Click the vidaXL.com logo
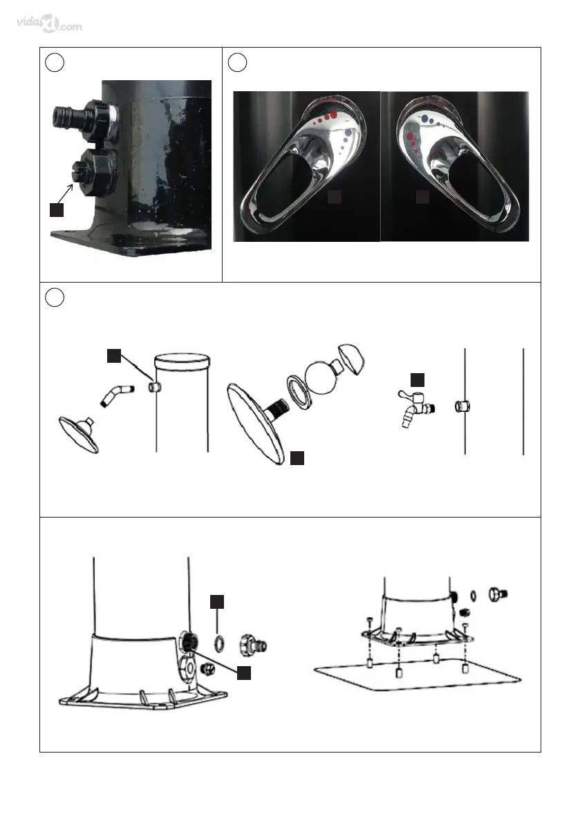[x=49, y=23]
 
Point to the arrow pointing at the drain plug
[x=64, y=193]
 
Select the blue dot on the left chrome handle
[x=348, y=133]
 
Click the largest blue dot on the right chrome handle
[x=424, y=119]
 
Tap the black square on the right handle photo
[x=422, y=197]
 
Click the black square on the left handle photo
[x=335, y=197]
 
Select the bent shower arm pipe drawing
[x=117, y=395]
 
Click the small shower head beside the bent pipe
[x=79, y=434]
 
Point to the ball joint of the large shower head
[x=321, y=377]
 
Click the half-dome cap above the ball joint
[x=352, y=359]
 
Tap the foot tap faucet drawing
[x=416, y=408]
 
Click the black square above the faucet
[x=418, y=380]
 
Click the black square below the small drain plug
[x=244, y=673]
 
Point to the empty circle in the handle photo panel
[x=237, y=62]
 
